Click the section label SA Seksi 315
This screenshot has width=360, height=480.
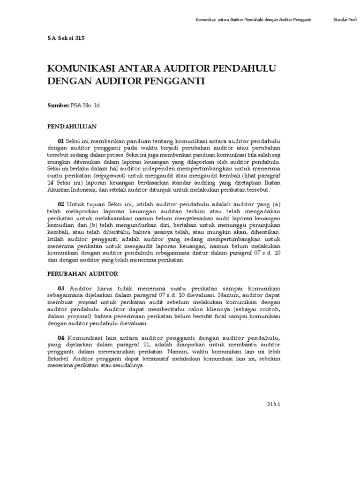(x=66, y=39)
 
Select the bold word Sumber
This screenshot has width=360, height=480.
(x=58, y=105)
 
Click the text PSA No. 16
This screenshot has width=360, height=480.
(x=85, y=105)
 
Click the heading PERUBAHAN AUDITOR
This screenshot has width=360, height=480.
(x=82, y=273)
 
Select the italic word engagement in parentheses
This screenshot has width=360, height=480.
(x=109, y=175)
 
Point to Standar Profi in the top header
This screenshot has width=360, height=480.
(x=345, y=20)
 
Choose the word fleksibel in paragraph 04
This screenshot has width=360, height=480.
(x=59, y=359)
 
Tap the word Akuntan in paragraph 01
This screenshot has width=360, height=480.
(x=58, y=190)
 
